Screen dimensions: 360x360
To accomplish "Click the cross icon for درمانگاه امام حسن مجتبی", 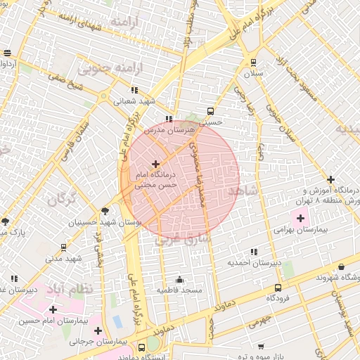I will [155, 164].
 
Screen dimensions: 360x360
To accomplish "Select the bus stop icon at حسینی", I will [210, 111].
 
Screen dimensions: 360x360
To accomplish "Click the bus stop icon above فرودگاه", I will [278, 288].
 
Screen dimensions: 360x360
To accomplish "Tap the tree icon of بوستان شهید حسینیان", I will [105, 210].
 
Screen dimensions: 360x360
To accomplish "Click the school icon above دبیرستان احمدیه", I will [253, 252].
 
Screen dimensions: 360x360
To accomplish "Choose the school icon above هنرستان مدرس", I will [168, 120].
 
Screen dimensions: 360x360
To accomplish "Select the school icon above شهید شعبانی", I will [134, 90].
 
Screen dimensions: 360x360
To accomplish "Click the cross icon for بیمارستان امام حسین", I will [53, 309].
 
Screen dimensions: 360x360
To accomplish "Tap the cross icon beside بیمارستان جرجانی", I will [98, 330].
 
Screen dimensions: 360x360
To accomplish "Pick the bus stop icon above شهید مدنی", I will [64, 247].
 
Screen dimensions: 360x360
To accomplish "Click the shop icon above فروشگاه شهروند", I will [342, 267].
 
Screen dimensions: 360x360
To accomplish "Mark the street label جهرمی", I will [258, 323].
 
